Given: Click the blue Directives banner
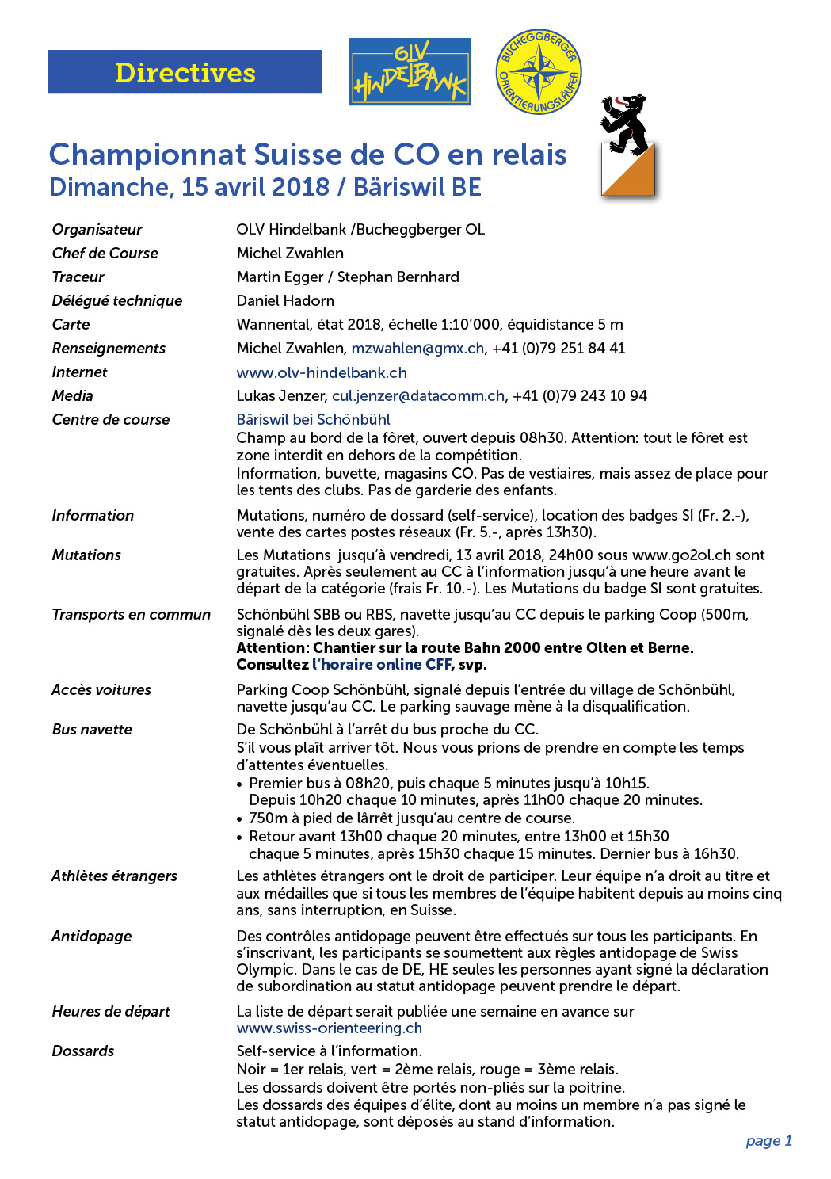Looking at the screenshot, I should (185, 72).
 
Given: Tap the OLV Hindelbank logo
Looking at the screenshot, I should (410, 72).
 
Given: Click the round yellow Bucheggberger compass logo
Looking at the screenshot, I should (538, 72).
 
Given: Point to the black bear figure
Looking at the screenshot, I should (624, 123).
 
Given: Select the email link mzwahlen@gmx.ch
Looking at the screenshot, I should (417, 349).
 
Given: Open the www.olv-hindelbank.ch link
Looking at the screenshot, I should (322, 372).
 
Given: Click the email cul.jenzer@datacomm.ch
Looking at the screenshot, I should (417, 396).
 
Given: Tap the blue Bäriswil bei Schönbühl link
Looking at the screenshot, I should (313, 420).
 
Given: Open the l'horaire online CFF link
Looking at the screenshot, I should (382, 665).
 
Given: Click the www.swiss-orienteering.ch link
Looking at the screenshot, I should (329, 1028).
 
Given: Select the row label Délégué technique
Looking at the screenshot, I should (117, 301).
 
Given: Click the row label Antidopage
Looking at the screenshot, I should (92, 937).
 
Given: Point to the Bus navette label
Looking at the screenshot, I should (92, 730).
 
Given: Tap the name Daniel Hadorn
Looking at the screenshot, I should (285, 301).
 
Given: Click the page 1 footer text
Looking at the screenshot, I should (768, 1141).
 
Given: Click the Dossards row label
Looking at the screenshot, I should (83, 1051).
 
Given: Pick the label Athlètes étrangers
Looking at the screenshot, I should (114, 876).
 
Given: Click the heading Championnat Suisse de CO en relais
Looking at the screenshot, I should (307, 155).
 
